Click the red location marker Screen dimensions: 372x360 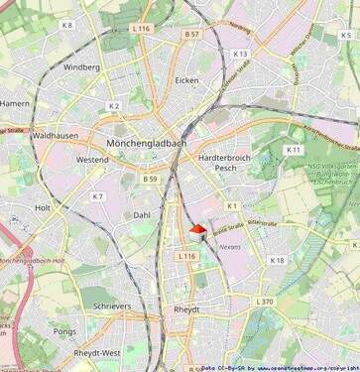[196, 229]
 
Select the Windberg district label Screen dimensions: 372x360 [81, 67]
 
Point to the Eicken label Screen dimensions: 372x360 [186, 80]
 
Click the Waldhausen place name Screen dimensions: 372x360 [55, 134]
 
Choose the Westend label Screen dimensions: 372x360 [92, 159]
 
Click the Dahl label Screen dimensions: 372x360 [142, 214]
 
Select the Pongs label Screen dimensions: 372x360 [64, 331]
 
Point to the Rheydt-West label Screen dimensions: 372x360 [97, 353]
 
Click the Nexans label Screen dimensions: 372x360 [230, 244]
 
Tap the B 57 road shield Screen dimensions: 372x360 [191, 34]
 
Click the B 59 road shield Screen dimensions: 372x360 [150, 179]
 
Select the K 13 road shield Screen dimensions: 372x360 [241, 54]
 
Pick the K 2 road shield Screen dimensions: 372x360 [113, 105]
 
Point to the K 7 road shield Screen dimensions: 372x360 [97, 196]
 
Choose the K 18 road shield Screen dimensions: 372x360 [277, 260]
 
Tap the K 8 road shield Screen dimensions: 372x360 [66, 25]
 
